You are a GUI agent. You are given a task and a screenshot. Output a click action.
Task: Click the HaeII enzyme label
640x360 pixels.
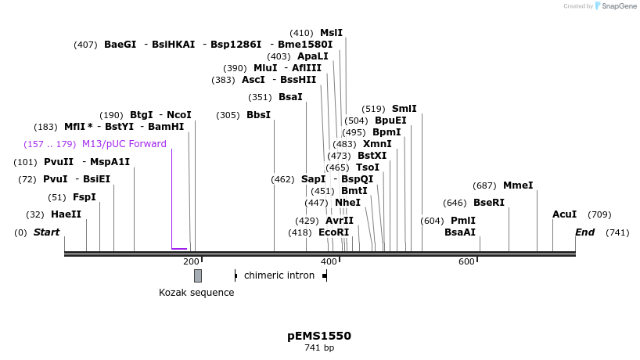66,214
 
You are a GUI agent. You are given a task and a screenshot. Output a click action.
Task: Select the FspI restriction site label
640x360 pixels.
84,197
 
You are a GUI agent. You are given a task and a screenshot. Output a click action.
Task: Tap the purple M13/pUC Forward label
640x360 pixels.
124,144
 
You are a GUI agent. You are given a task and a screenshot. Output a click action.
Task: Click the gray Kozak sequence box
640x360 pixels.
198,275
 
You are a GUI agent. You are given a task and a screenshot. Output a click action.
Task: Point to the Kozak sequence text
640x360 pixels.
196,293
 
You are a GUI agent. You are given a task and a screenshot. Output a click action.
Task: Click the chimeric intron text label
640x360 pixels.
279,275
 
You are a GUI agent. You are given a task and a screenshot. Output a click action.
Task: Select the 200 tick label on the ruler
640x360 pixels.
191,261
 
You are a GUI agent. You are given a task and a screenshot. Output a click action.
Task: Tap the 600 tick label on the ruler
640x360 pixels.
466,261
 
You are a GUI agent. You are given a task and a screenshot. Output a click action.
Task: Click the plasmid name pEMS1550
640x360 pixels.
319,336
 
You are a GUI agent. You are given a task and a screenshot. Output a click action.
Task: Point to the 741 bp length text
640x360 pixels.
319,347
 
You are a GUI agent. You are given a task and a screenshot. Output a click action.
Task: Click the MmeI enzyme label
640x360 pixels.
518,185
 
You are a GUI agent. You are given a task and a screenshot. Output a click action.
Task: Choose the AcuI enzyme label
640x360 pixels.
564,214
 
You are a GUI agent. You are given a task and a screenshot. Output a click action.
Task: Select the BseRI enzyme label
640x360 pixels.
489,203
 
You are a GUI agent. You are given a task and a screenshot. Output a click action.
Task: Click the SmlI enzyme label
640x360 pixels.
404,109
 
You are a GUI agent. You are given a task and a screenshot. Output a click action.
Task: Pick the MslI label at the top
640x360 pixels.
331,33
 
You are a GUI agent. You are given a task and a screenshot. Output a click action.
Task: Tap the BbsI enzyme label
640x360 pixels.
258,115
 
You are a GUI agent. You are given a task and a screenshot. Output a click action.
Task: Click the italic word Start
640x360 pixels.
46,232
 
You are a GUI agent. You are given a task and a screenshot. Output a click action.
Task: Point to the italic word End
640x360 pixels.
585,232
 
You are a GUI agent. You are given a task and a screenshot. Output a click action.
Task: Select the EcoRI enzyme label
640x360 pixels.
333,232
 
